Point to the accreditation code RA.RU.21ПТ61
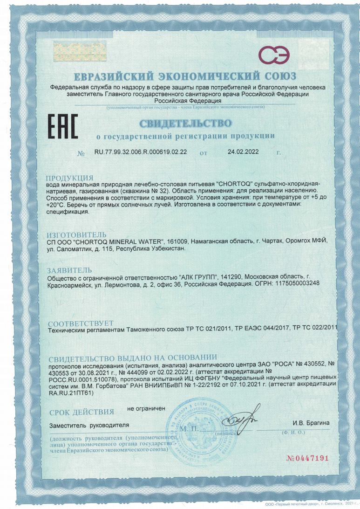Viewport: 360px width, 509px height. (70, 392)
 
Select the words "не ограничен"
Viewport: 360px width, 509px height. (146, 408)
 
